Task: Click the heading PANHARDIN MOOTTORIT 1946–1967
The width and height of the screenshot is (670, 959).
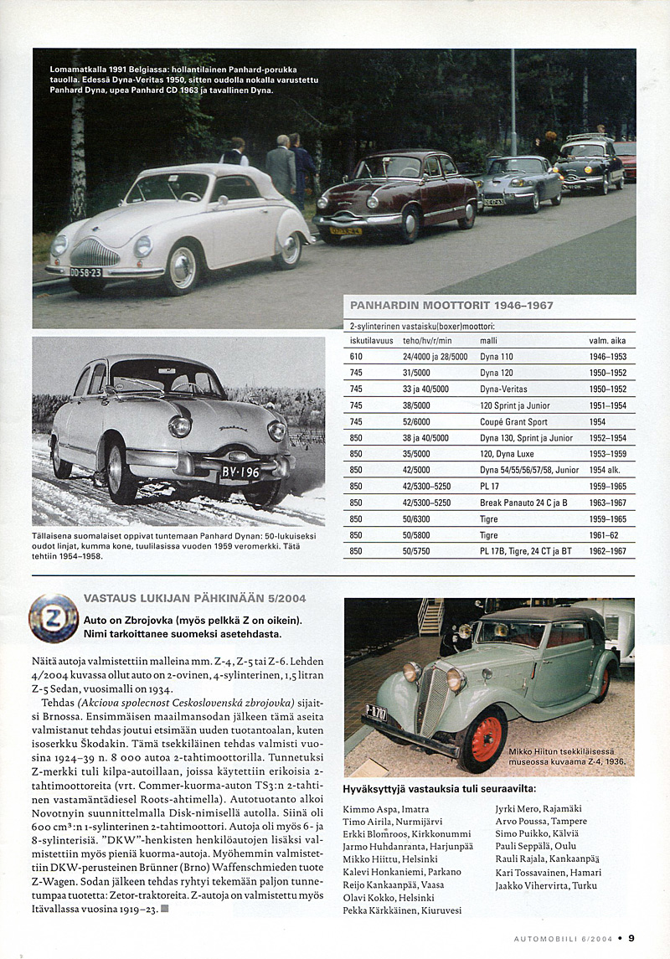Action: pyautogui.click(x=451, y=306)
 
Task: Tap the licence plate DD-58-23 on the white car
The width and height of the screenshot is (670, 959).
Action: pyautogui.click(x=85, y=272)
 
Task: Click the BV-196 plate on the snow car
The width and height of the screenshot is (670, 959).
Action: pyautogui.click(x=240, y=472)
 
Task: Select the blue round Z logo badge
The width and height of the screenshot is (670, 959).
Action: pyautogui.click(x=54, y=618)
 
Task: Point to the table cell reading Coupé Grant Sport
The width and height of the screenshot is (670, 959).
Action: pyautogui.click(x=513, y=421)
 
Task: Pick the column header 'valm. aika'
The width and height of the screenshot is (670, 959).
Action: pyautogui.click(x=607, y=341)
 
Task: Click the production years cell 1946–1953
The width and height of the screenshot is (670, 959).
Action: pyautogui.click(x=607, y=357)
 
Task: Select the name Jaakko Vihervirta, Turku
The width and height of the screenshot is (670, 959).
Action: pyautogui.click(x=547, y=884)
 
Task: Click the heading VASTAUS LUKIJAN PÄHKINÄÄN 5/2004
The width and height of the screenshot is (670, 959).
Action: pyautogui.click(x=195, y=598)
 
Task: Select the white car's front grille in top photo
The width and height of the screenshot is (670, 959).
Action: pyautogui.click(x=94, y=251)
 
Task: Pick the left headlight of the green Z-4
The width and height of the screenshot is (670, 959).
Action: pyautogui.click(x=412, y=671)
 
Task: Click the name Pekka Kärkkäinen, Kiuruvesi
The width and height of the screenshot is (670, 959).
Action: pyautogui.click(x=402, y=910)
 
